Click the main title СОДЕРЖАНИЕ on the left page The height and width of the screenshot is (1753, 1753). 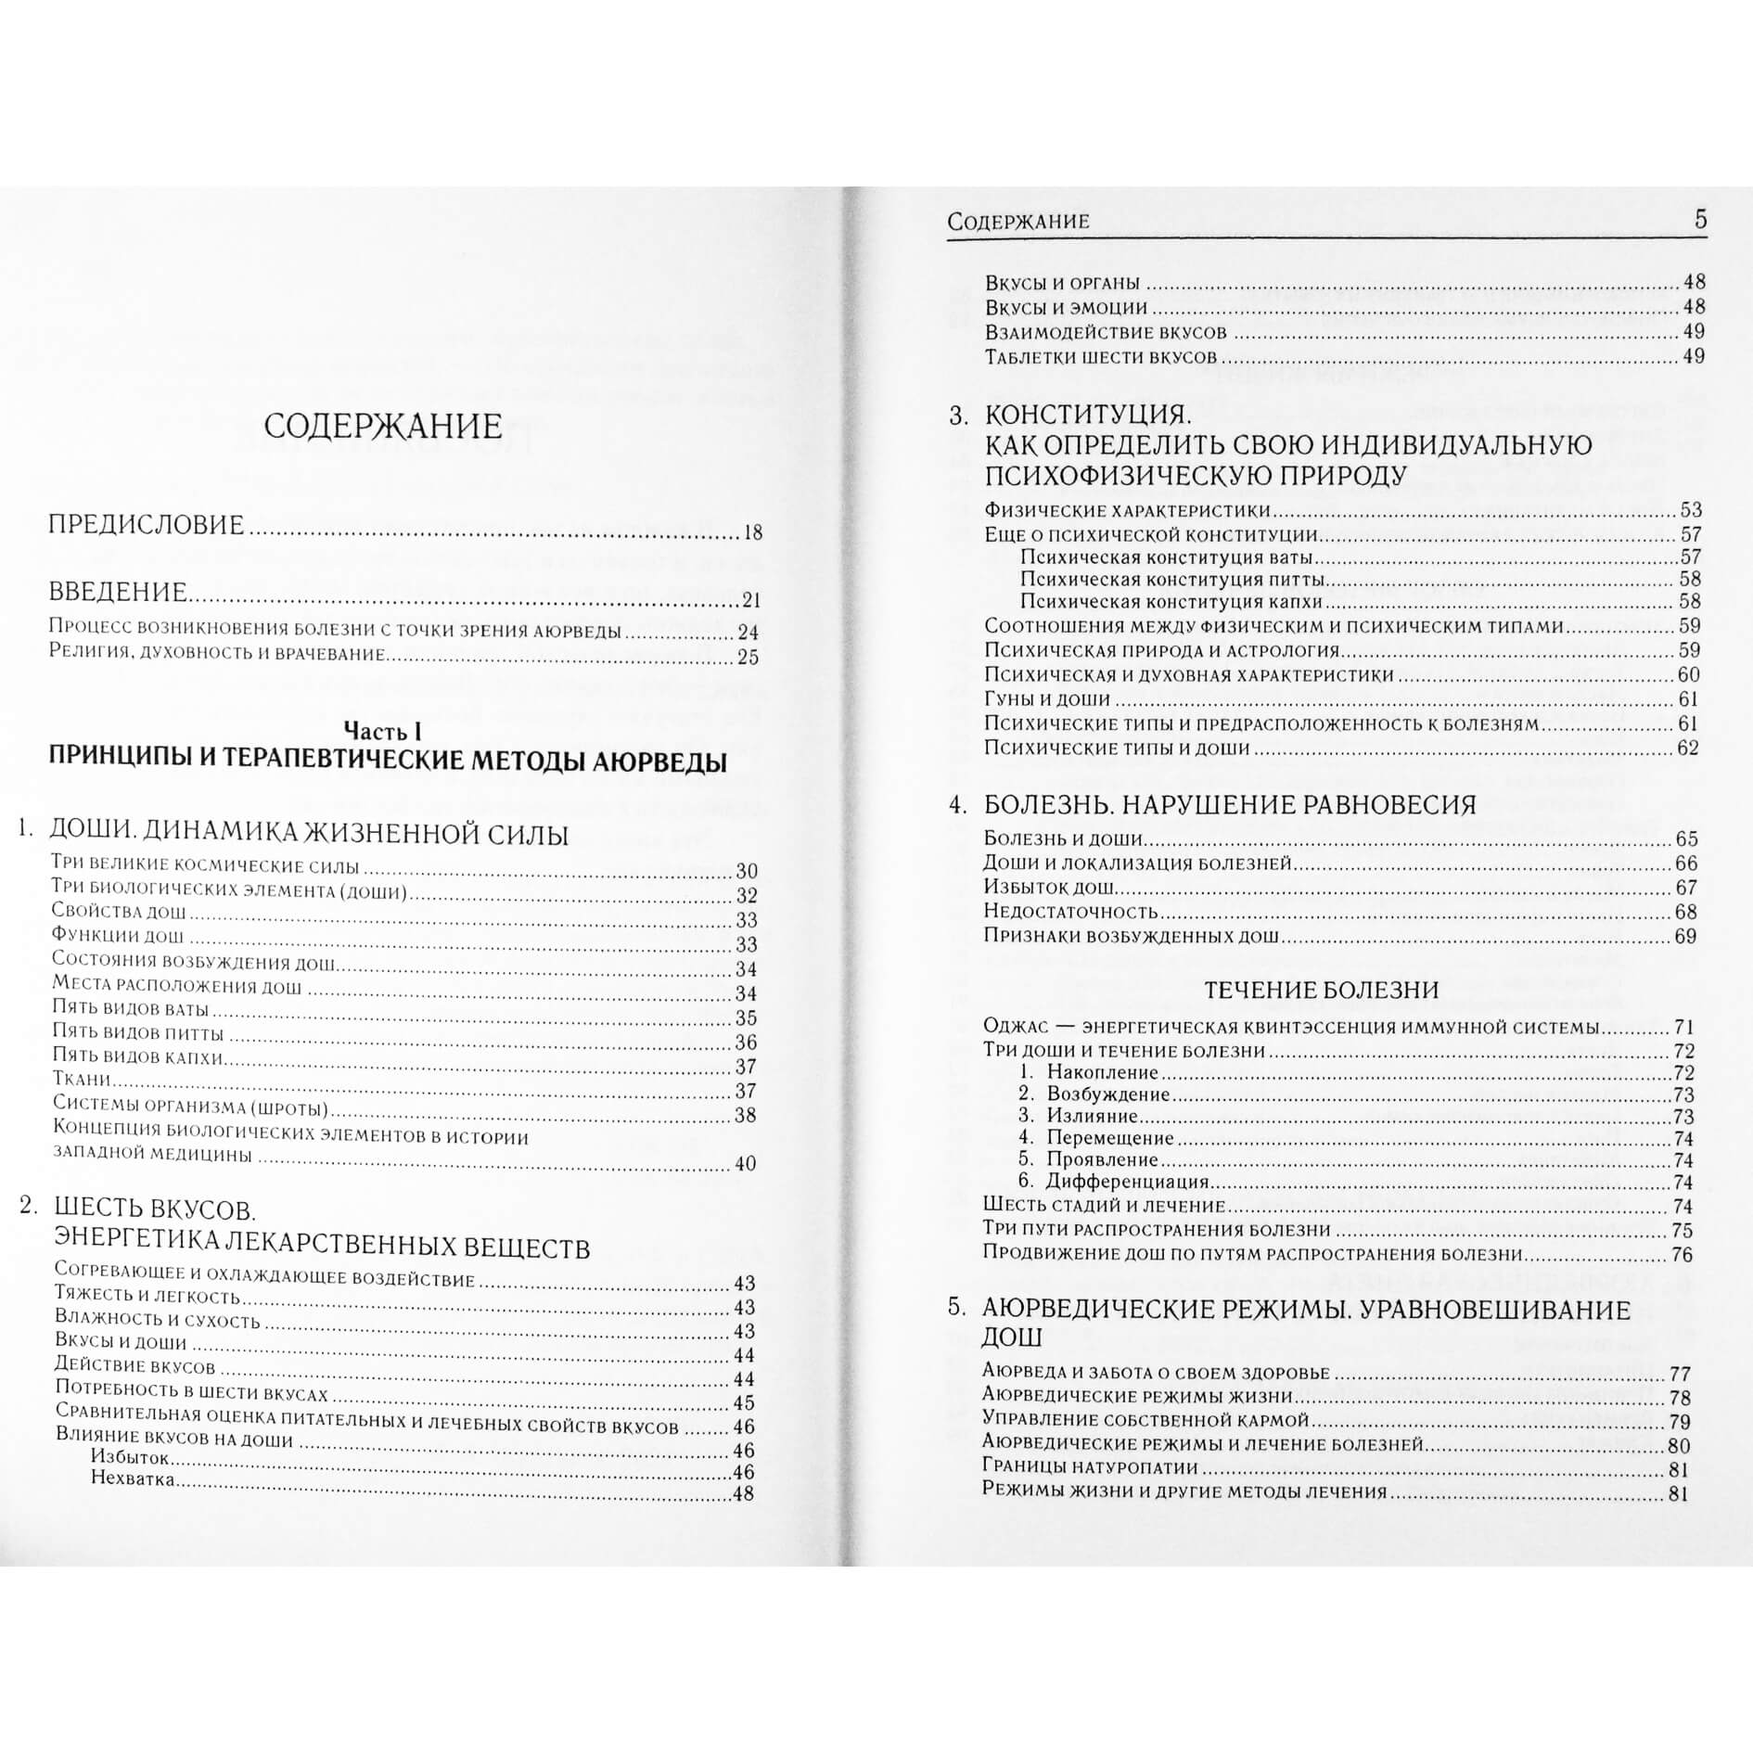point(382,428)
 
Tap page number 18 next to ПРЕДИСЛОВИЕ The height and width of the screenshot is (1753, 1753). point(751,532)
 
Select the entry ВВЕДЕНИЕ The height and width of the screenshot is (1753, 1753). point(118,592)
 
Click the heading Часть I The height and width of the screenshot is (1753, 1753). point(383,730)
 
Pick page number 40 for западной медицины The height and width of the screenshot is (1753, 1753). point(745,1164)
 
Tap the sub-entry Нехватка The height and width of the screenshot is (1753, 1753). point(133,1479)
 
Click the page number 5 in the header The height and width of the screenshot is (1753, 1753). point(1699,220)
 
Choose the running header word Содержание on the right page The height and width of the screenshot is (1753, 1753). point(1018,222)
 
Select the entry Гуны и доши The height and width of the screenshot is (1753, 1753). point(1047,699)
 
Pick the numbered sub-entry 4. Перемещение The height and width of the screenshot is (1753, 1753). point(1096,1138)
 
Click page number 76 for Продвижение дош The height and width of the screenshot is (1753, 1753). point(1682,1255)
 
